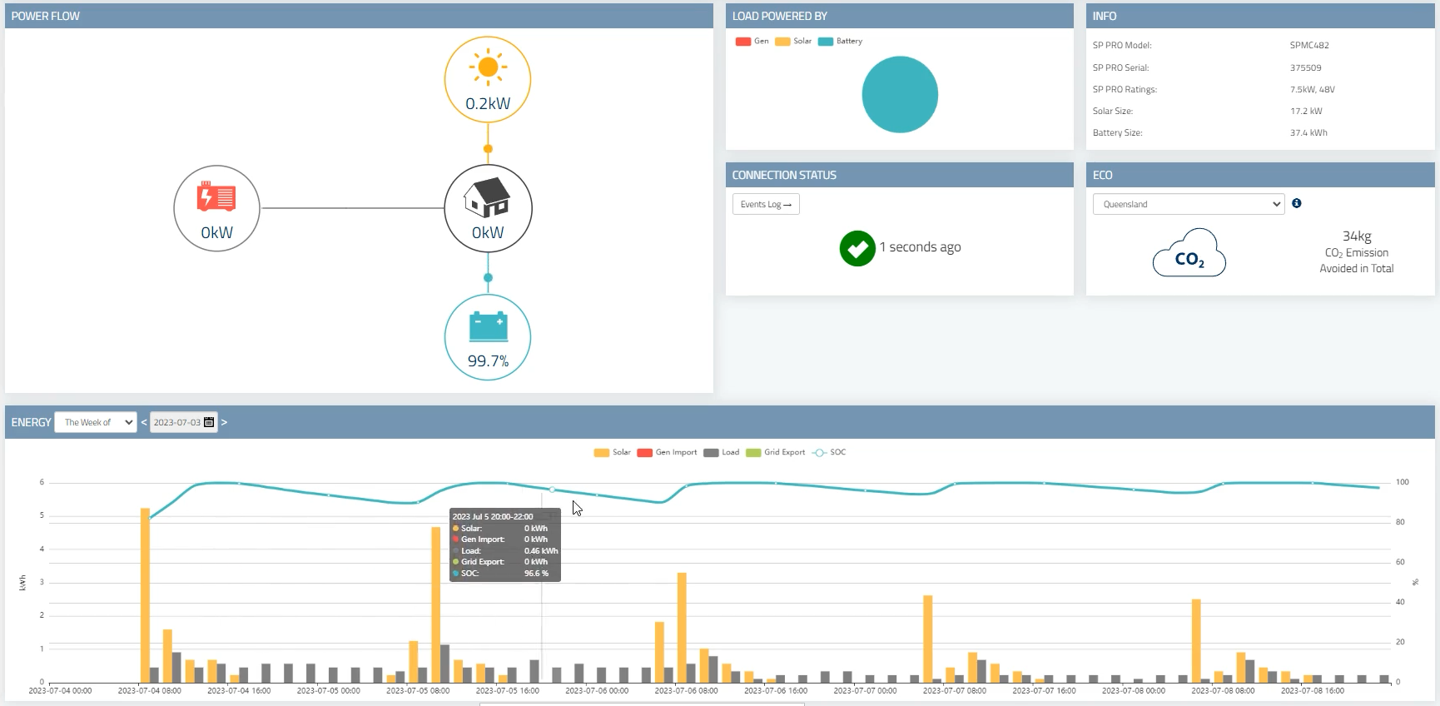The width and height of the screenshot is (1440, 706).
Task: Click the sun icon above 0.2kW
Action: (x=488, y=67)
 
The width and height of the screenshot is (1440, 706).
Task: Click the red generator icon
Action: (x=216, y=196)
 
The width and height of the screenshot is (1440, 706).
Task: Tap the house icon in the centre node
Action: (x=488, y=197)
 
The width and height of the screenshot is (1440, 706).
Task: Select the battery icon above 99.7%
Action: (x=488, y=326)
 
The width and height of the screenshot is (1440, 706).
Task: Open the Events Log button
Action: (x=766, y=204)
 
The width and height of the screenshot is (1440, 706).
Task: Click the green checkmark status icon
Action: (x=857, y=248)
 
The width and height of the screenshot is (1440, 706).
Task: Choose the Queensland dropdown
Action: (x=1188, y=204)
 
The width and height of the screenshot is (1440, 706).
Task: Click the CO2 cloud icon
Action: (x=1189, y=254)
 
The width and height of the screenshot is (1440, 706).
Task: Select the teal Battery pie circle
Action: (x=900, y=94)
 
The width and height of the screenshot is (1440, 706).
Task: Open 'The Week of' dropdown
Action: (x=96, y=422)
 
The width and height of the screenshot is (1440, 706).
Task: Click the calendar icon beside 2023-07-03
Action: (x=209, y=422)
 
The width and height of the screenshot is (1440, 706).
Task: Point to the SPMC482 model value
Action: (x=1309, y=45)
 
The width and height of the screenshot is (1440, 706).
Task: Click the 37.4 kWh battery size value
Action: (x=1308, y=132)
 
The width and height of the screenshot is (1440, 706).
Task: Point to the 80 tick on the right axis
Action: (x=1400, y=522)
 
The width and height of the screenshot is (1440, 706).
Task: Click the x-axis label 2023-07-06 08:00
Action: (x=686, y=690)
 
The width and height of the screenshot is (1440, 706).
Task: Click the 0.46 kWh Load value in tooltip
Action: (x=541, y=551)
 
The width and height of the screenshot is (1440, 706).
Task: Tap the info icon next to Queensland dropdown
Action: (x=1297, y=203)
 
